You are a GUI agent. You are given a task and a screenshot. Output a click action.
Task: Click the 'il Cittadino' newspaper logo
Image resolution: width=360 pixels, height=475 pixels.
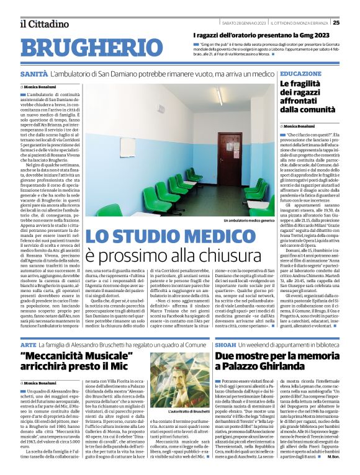tap(44, 24)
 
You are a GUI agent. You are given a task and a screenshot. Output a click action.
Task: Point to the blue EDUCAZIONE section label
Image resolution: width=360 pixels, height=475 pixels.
tap(300, 73)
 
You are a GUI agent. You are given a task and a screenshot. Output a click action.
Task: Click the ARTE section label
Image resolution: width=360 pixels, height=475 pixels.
tap(28, 326)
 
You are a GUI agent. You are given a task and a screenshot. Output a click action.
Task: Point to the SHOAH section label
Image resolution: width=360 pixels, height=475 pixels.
tap(226, 326)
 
